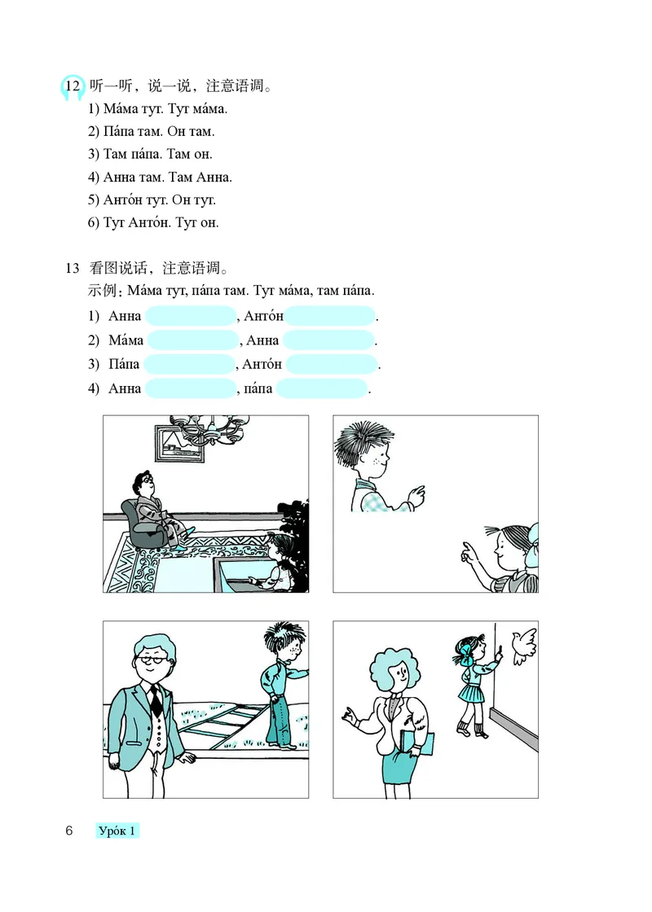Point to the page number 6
[69, 831]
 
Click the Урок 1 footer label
[117, 831]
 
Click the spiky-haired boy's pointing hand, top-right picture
[416, 493]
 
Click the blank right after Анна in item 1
[190, 317]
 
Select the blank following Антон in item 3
[333, 364]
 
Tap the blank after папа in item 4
[321, 388]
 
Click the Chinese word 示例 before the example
[103, 292]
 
